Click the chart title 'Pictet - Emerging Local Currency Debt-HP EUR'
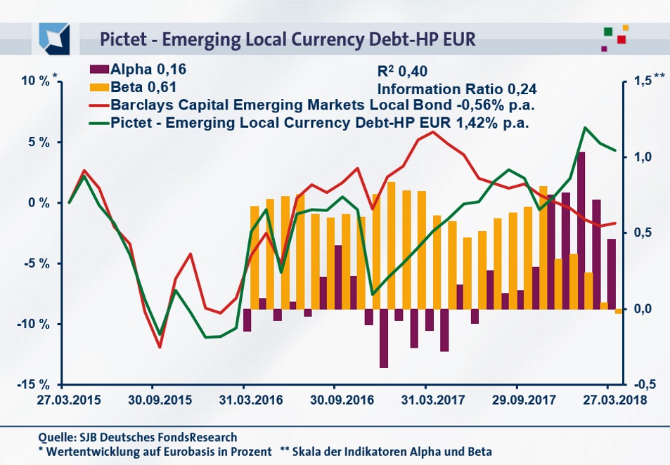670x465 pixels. coord(287,38)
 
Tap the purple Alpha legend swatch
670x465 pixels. coord(99,70)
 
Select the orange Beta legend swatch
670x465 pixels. coord(99,88)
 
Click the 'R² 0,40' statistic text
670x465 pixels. coord(402,71)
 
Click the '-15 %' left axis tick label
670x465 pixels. coord(33,385)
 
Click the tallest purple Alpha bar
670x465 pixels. coord(581,230)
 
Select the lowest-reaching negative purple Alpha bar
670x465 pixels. coord(384,338)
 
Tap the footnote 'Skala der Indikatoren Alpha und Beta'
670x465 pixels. coord(396,452)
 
